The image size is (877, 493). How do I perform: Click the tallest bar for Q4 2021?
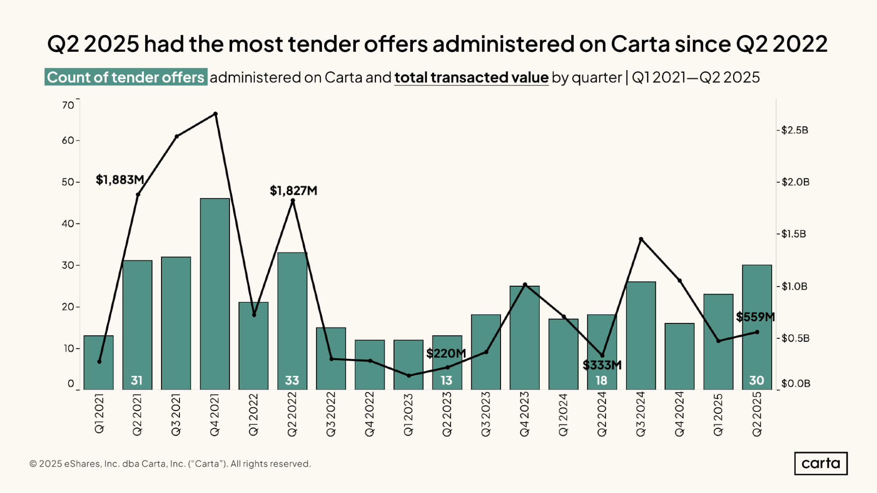pyautogui.click(x=215, y=294)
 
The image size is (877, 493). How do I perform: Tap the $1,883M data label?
pyautogui.click(x=120, y=180)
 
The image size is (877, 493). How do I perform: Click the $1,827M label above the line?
pyautogui.click(x=293, y=191)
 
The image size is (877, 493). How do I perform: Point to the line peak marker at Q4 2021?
pyautogui.click(x=215, y=114)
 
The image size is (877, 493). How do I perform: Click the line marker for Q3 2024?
pyautogui.click(x=641, y=239)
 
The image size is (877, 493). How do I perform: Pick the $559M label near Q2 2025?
pyautogui.click(x=755, y=317)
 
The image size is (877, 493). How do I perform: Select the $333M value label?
pyautogui.click(x=602, y=365)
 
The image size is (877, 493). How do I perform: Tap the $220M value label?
pyautogui.click(x=446, y=353)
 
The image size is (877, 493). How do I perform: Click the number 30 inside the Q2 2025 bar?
pyautogui.click(x=756, y=380)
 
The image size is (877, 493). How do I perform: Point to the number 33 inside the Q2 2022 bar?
pyautogui.click(x=292, y=380)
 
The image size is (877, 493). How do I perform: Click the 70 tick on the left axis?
pyautogui.click(x=68, y=105)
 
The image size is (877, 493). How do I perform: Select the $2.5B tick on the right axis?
pyautogui.click(x=795, y=130)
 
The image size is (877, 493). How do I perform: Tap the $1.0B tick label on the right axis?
pyautogui.click(x=794, y=286)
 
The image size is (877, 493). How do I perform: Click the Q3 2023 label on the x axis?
pyautogui.click(x=486, y=414)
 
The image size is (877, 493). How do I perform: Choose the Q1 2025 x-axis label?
pyautogui.click(x=718, y=414)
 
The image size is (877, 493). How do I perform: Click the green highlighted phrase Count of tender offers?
pyautogui.click(x=126, y=77)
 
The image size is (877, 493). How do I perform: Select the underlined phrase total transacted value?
pyautogui.click(x=471, y=77)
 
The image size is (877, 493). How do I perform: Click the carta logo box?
pyautogui.click(x=820, y=463)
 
